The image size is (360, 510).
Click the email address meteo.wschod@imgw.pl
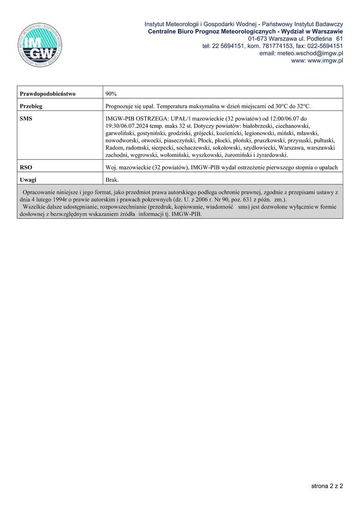coord(301,53)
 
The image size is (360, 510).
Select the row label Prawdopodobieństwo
coord(48,93)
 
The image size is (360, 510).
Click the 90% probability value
coord(111,93)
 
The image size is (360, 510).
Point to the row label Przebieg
coord(31,106)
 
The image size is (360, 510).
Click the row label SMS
coord(26,119)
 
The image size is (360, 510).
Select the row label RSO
coord(26,167)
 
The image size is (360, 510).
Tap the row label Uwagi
coord(28,180)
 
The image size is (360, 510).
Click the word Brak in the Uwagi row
coord(112,180)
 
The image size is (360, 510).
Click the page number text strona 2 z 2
coord(327,485)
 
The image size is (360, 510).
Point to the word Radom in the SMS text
coord(114,148)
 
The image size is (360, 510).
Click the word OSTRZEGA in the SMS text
coord(147,119)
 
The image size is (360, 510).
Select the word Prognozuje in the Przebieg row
coord(120,106)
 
